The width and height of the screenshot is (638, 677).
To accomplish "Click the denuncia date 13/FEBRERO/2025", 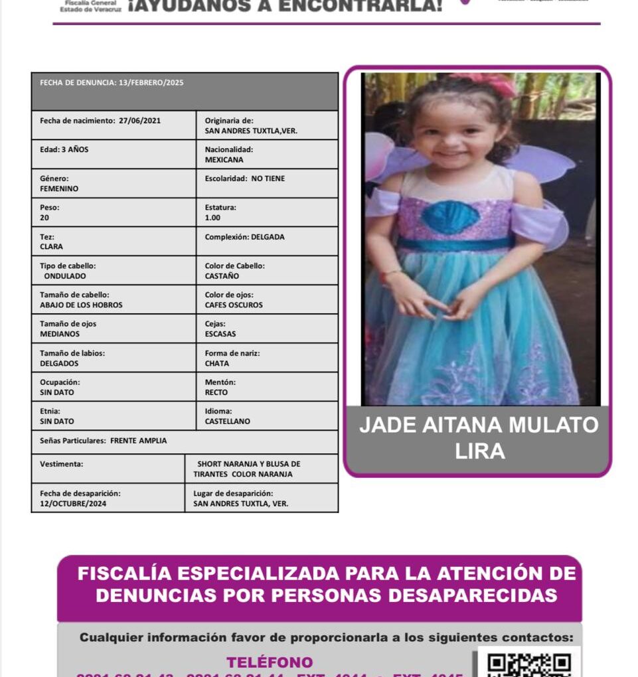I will click(x=151, y=83).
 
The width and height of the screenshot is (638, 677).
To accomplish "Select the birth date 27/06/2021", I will click(x=139, y=121).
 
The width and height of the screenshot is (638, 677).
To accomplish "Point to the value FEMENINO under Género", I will click(x=59, y=188).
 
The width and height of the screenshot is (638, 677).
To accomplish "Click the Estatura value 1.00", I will click(x=212, y=218).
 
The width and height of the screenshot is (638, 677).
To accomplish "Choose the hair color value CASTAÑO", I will click(x=222, y=276).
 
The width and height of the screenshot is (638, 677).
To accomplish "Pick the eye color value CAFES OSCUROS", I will click(x=234, y=305).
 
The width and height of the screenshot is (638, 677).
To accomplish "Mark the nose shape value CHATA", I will click(x=216, y=364).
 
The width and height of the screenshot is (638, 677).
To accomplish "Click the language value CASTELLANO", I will click(x=228, y=421).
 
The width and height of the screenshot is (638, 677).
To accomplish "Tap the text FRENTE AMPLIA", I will click(x=138, y=441).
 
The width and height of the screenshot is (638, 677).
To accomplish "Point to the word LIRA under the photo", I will click(x=479, y=451).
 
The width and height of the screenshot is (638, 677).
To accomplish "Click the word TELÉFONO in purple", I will click(x=270, y=662).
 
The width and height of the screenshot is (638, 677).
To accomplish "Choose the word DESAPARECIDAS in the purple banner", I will click(x=473, y=595).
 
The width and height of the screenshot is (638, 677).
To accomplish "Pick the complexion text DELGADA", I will click(x=268, y=237).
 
